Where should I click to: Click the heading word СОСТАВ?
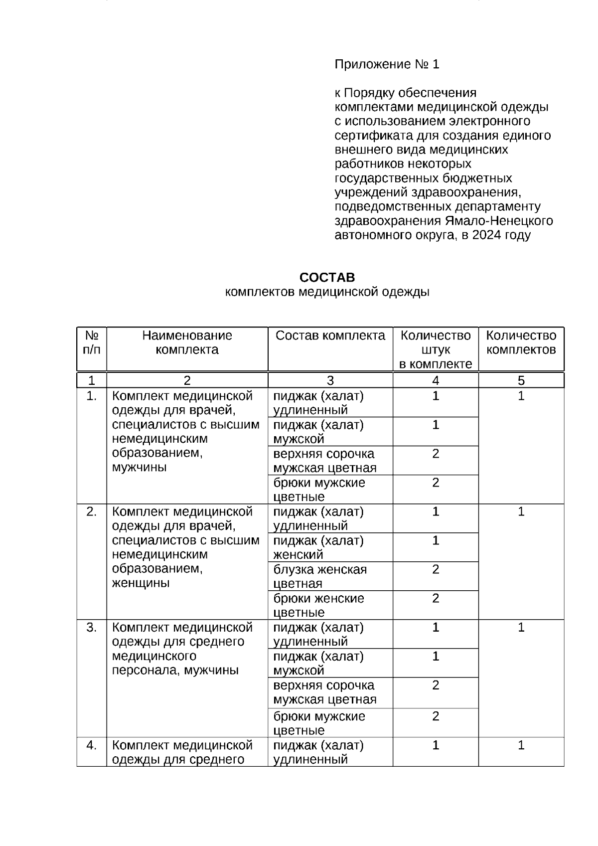click(327, 277)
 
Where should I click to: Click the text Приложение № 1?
click(387, 64)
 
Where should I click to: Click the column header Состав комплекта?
click(330, 336)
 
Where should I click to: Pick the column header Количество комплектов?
click(521, 342)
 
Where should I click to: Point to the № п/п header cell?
click(91, 342)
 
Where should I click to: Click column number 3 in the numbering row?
click(330, 381)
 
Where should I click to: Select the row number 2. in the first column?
click(91, 511)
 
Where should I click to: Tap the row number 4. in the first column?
click(91, 745)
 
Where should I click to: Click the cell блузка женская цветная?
click(320, 576)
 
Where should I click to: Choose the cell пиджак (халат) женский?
click(318, 547)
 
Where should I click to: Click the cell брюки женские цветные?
click(318, 605)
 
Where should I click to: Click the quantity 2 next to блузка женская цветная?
click(436, 569)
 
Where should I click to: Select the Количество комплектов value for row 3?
click(521, 628)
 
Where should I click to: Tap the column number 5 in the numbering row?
click(521, 381)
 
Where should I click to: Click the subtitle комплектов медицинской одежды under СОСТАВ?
click(327, 292)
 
